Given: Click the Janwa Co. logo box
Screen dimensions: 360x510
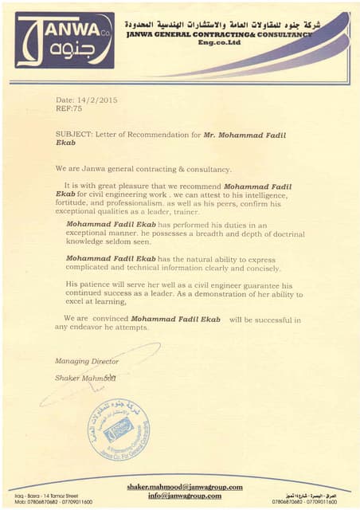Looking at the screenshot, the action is point(65,40).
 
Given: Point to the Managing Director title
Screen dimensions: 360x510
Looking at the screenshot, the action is point(87,361).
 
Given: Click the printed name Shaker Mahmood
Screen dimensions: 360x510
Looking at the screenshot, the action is point(85,377).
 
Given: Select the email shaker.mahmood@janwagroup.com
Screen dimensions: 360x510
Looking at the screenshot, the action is point(184,487).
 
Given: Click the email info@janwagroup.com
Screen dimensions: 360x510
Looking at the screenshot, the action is point(184,496).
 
